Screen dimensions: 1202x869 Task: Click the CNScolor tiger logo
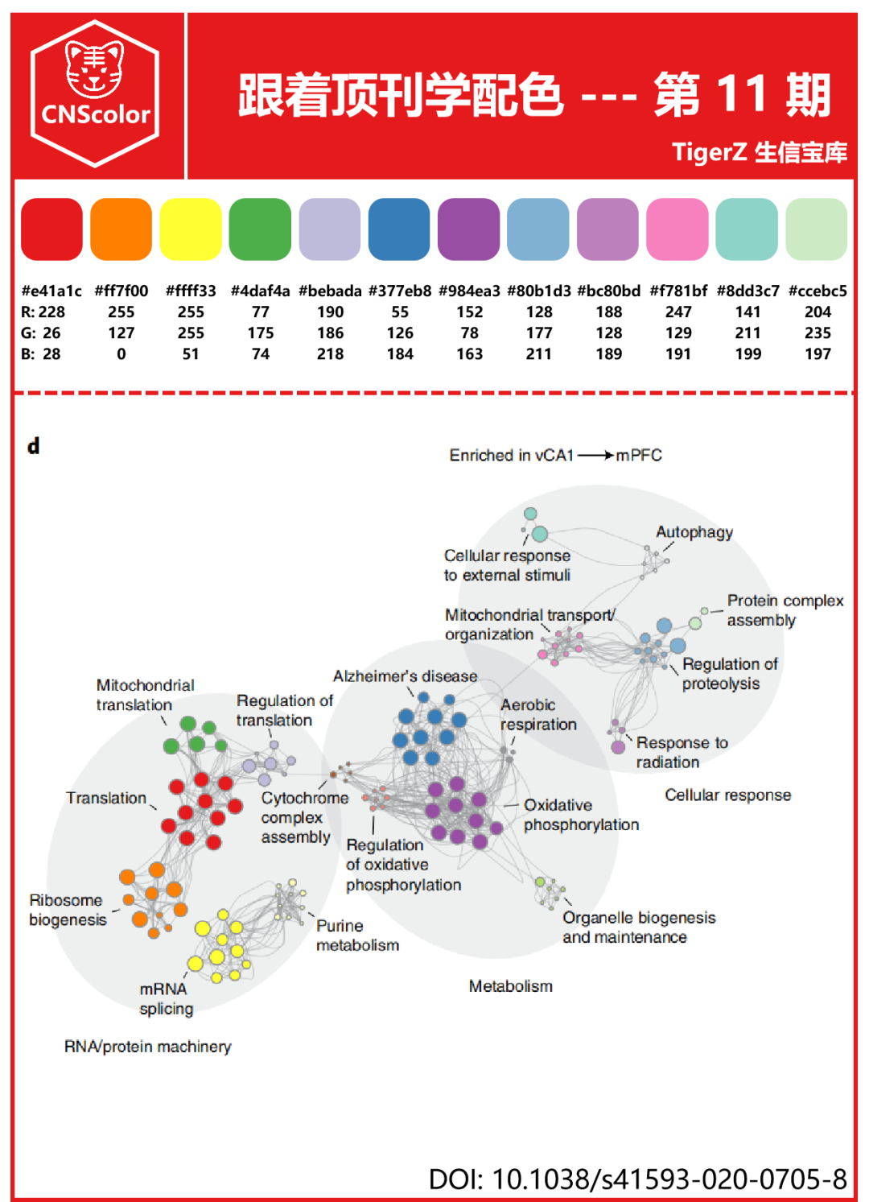click(95, 93)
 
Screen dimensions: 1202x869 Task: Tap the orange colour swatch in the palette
click(121, 229)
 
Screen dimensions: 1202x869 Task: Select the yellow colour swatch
click(191, 229)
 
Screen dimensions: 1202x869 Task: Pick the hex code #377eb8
click(400, 291)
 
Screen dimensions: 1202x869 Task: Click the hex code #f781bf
click(678, 291)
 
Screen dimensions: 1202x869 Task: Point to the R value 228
click(51, 312)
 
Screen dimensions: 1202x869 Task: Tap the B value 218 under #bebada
click(330, 353)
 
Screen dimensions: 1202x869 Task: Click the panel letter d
click(33, 446)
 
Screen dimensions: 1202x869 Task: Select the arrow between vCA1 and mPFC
click(595, 456)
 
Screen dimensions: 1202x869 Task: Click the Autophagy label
click(694, 532)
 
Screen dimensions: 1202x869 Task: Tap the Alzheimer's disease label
click(405, 676)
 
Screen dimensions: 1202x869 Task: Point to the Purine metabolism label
click(356, 936)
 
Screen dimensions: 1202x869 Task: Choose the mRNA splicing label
click(166, 998)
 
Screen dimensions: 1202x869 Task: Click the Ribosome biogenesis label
click(68, 910)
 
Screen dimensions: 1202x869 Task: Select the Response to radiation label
click(682, 752)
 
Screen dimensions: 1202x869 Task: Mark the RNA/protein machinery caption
click(147, 1047)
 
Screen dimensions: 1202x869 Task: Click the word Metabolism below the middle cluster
click(510, 986)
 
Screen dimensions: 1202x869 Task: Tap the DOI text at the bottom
click(637, 1179)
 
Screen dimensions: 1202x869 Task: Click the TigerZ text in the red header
click(709, 151)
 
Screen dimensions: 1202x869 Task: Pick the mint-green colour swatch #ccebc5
click(816, 229)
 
